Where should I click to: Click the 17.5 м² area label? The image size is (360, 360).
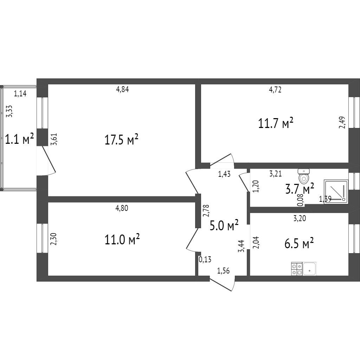point(121,140)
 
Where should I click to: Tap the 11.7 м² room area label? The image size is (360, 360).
point(276,124)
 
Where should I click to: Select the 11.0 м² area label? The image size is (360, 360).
point(122,240)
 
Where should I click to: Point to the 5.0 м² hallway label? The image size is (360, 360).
point(224,225)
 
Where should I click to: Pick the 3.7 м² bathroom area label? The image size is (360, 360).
point(300,189)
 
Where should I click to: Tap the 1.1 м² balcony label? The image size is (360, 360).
point(19,140)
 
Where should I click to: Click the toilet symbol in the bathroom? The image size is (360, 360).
point(303,175)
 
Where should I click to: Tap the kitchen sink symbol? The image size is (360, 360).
point(309,269)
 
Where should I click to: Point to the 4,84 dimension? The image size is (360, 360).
point(123,89)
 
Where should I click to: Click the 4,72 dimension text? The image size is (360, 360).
point(275,90)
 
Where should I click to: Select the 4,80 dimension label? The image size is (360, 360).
point(122,208)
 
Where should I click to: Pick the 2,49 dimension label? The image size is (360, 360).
point(342,123)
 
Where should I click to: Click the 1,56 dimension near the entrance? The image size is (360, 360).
point(224,270)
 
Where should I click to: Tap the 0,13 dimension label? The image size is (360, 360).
point(205,260)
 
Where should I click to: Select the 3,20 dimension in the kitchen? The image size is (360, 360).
point(300,218)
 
